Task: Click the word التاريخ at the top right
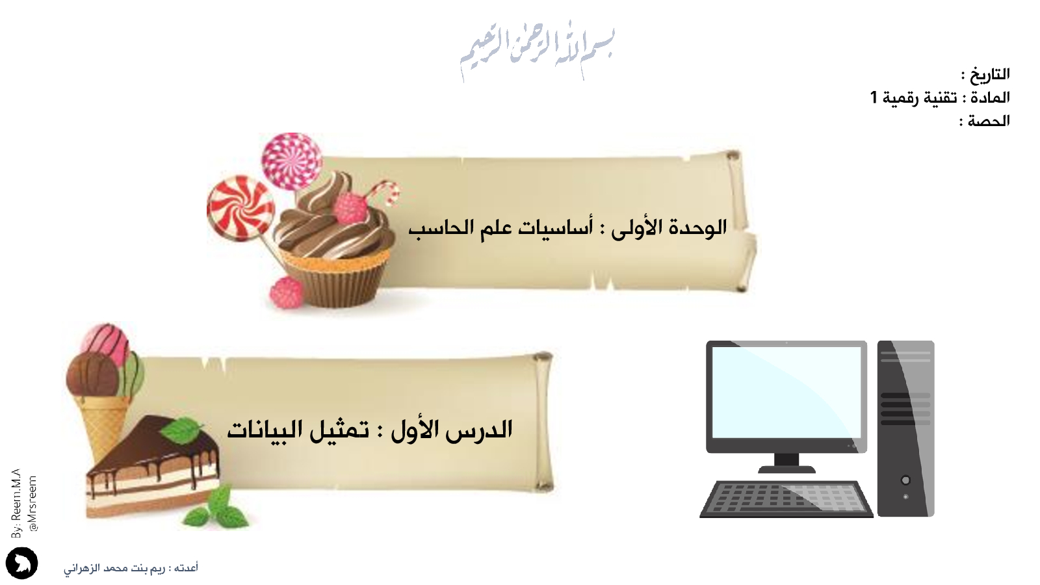point(990,74)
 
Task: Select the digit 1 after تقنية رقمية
point(874,97)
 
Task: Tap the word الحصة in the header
point(989,121)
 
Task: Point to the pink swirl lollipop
point(292,161)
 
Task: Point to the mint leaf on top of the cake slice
point(182,430)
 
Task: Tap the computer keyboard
point(786,500)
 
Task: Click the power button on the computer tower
point(905,480)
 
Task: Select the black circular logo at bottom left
point(22,563)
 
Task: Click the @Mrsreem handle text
point(32,504)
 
